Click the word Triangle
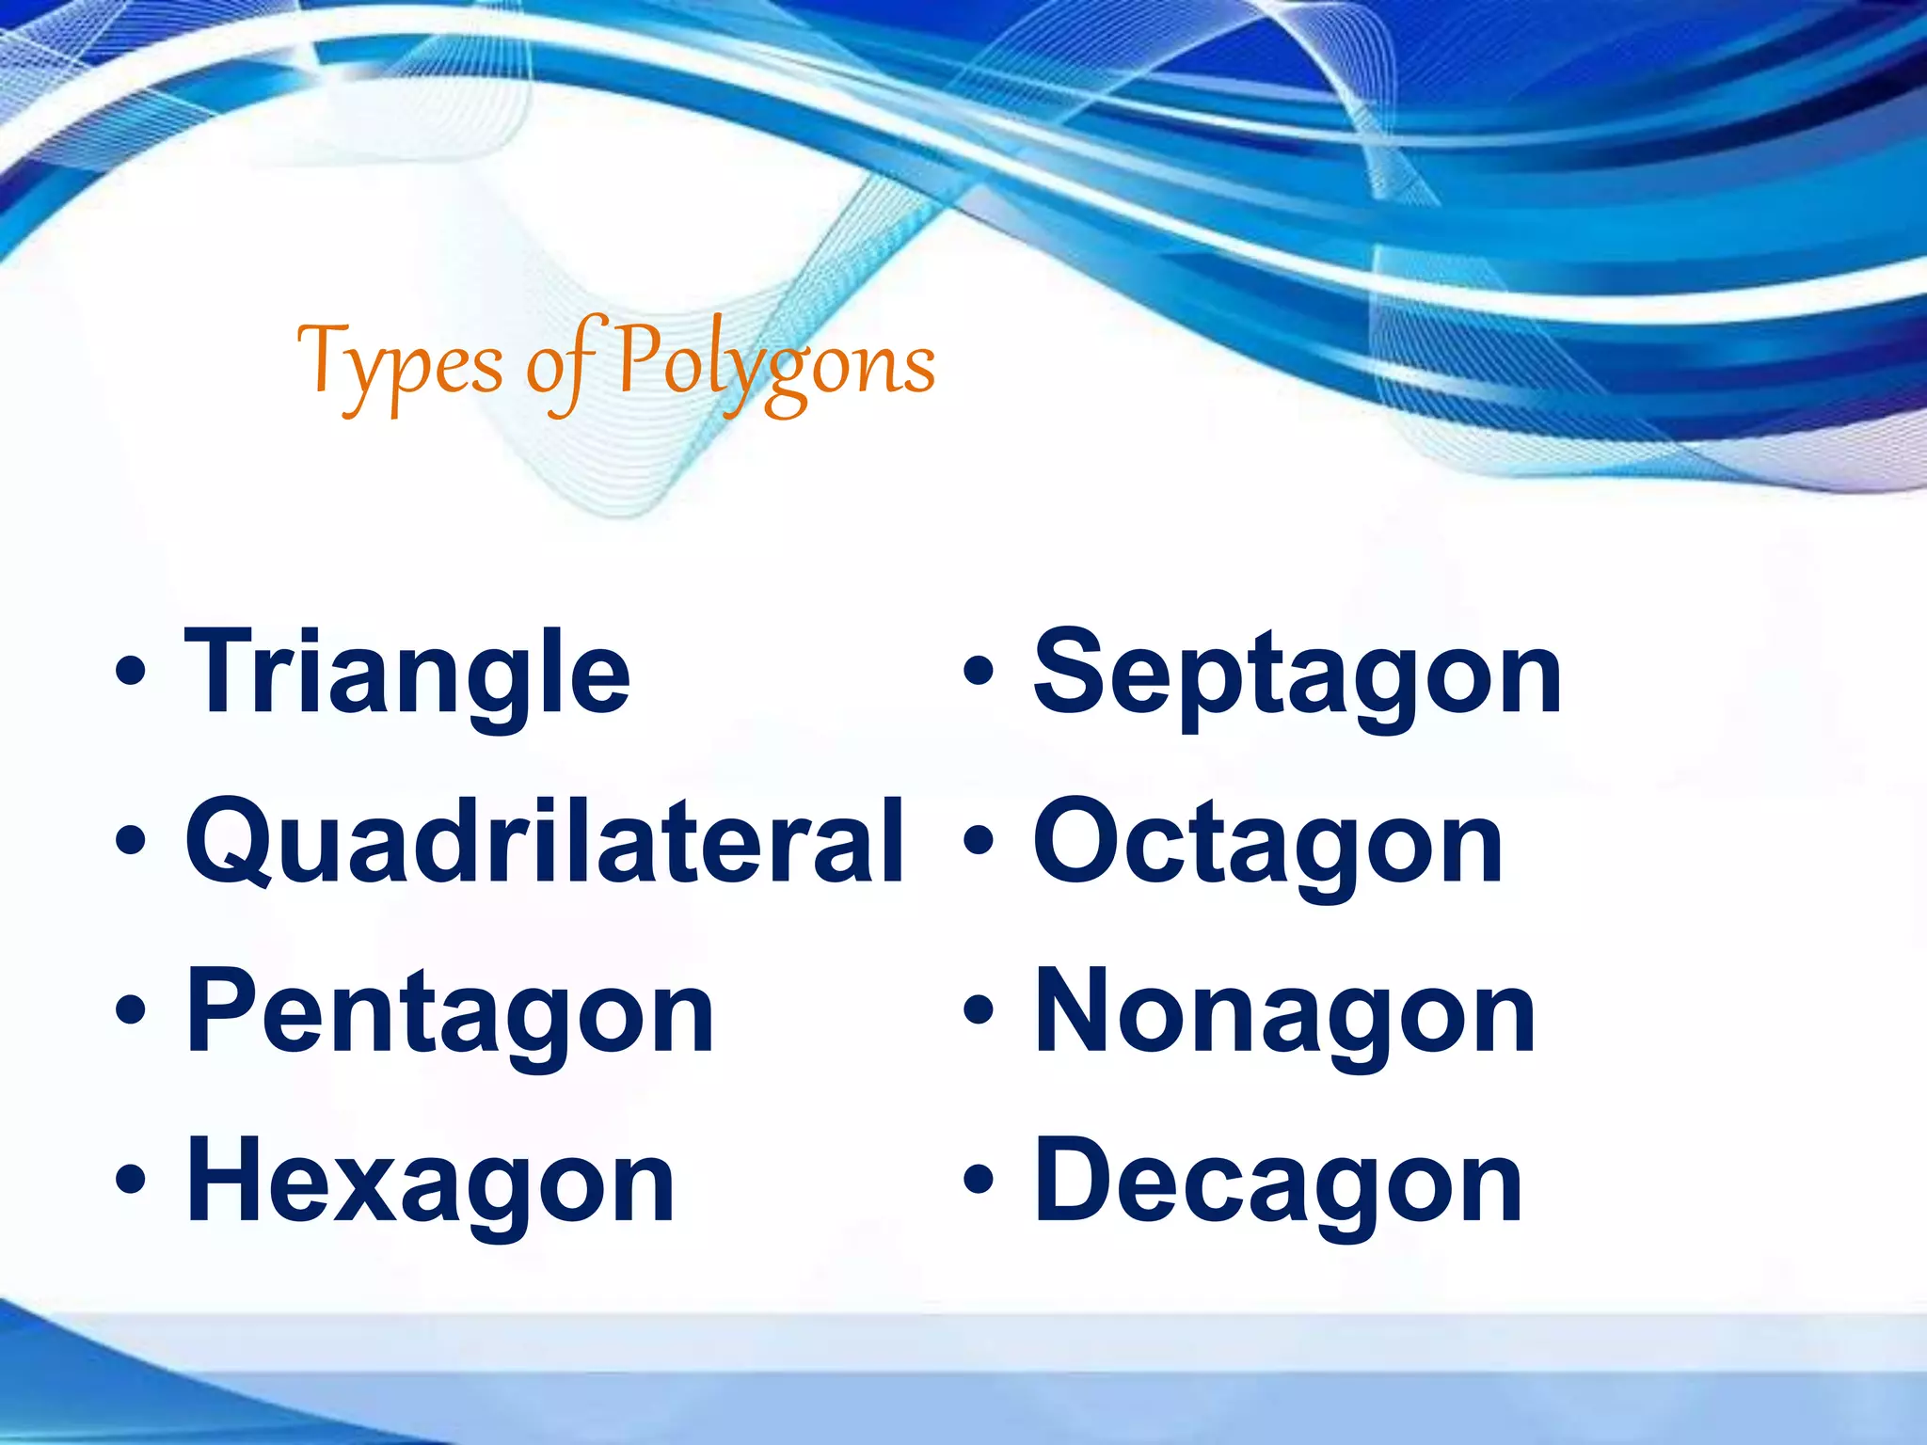(406, 673)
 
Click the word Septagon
(1298, 673)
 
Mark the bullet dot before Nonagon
(979, 1010)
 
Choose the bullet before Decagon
(979, 1180)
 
